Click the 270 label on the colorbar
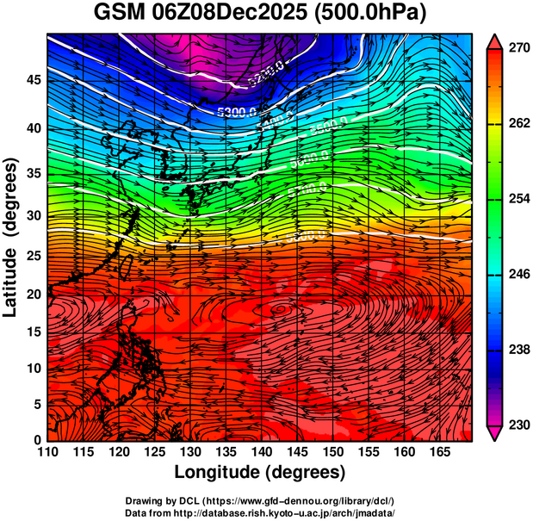tap(518, 49)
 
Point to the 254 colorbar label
tap(518, 199)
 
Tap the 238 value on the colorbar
tap(518, 350)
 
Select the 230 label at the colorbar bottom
tap(518, 425)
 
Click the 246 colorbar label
tap(518, 275)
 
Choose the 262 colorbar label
tap(518, 124)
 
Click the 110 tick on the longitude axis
tap(47, 452)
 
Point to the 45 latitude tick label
tap(31, 80)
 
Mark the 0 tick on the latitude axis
tap(35, 440)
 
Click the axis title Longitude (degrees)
tap(260, 472)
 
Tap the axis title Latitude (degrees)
tap(11, 237)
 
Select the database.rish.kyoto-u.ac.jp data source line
tap(260, 513)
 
